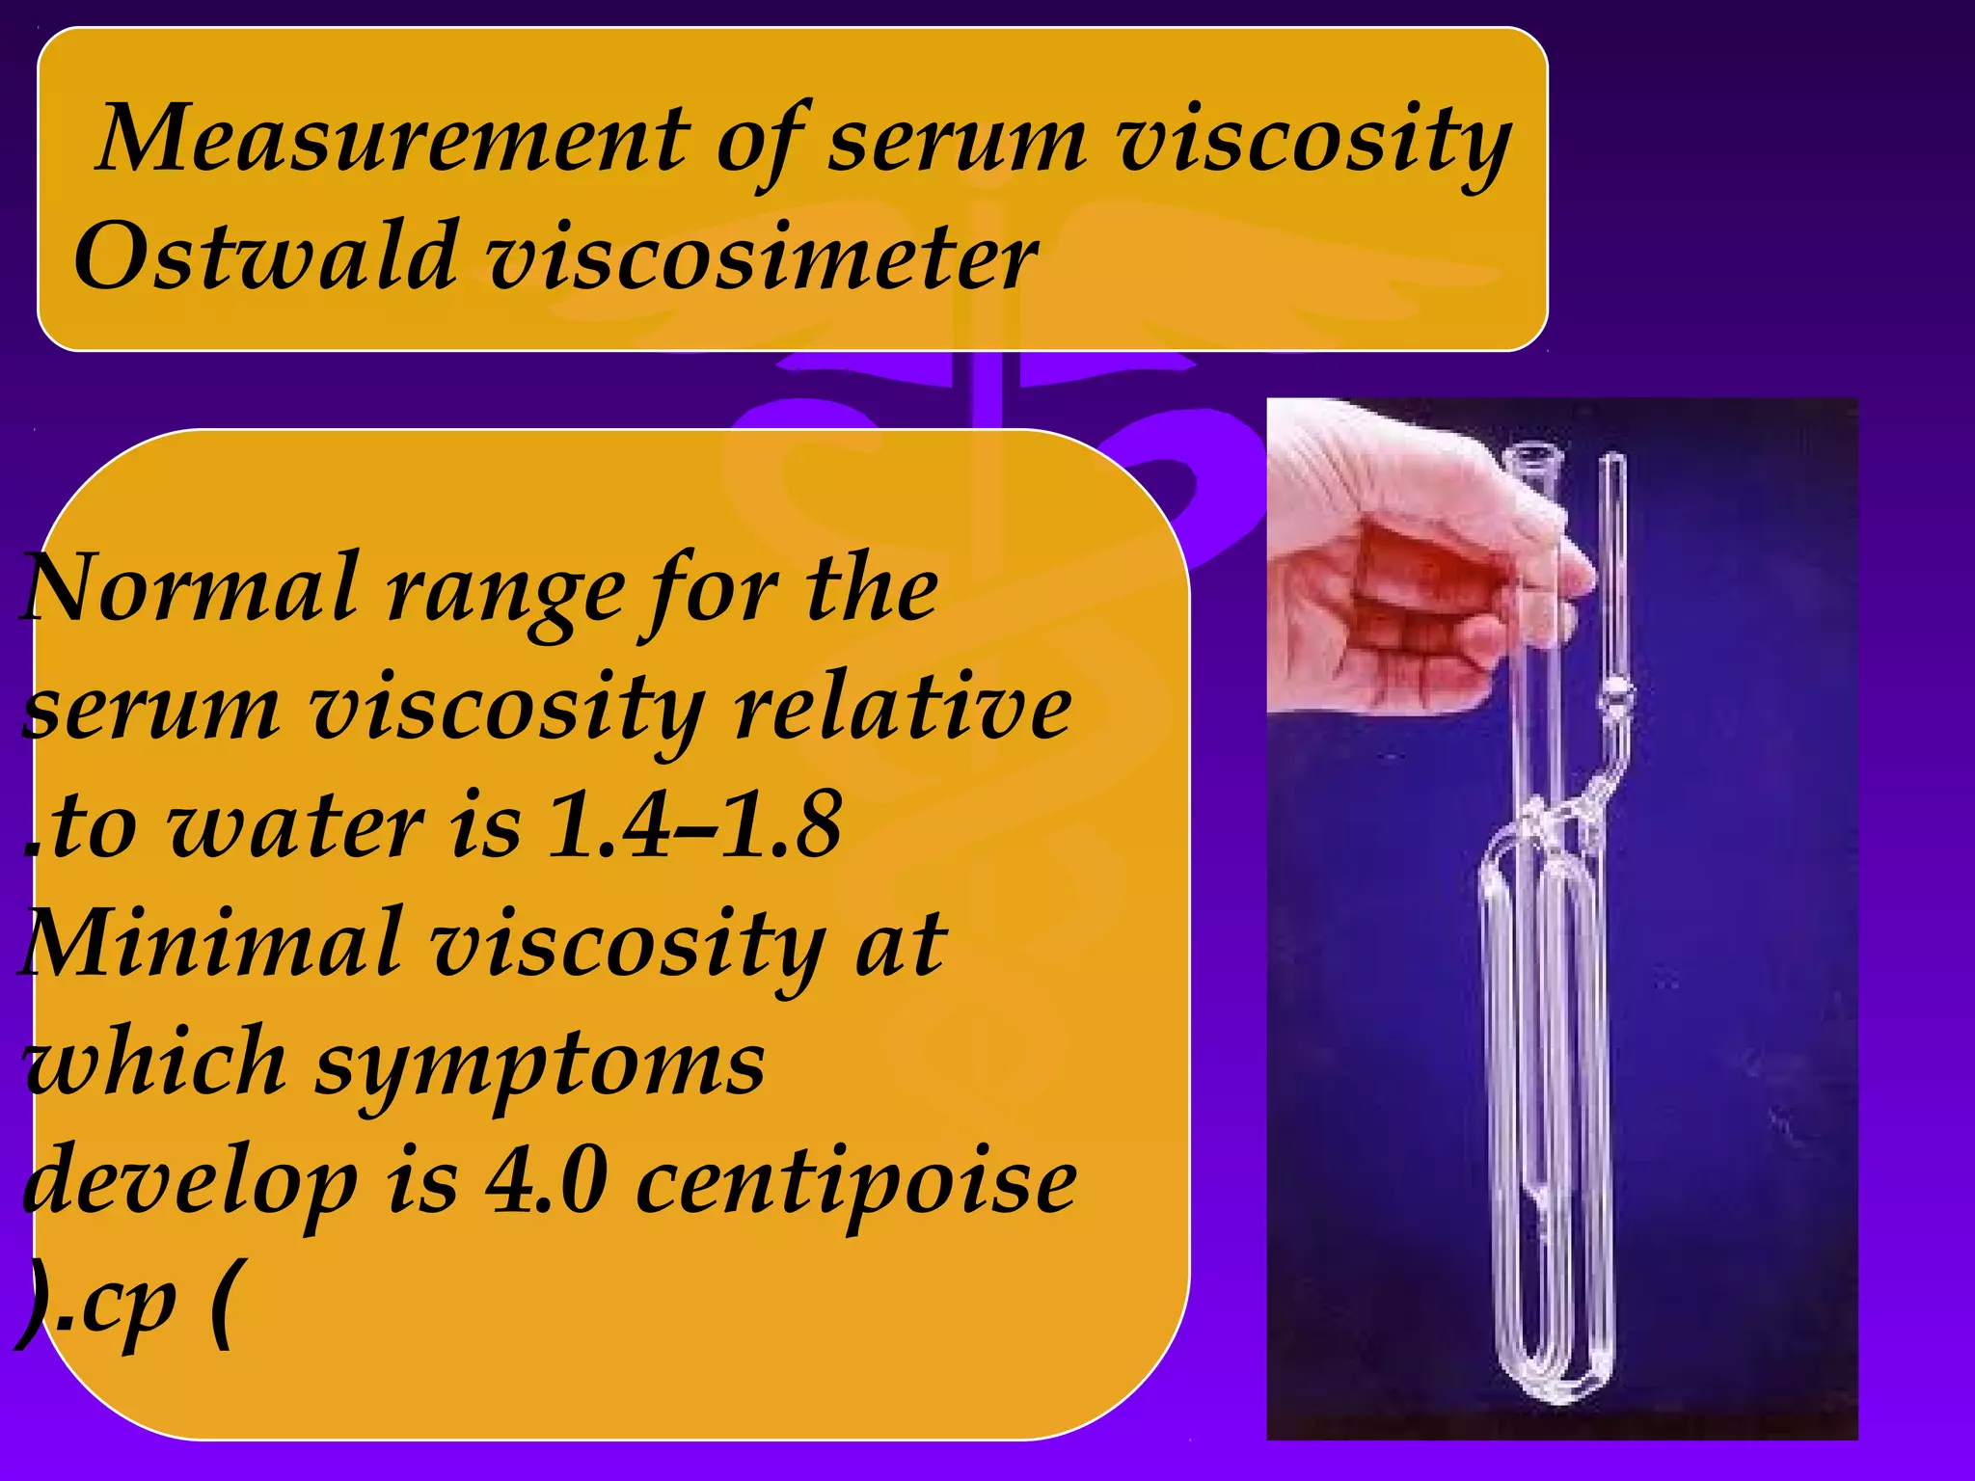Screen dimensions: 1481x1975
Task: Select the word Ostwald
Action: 265,257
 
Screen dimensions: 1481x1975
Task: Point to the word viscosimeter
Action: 762,257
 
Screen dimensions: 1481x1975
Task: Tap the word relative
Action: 902,709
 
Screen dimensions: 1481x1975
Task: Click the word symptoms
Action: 540,1065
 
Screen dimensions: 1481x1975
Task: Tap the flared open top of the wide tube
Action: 1534,453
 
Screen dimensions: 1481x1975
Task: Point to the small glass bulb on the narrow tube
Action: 1616,692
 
